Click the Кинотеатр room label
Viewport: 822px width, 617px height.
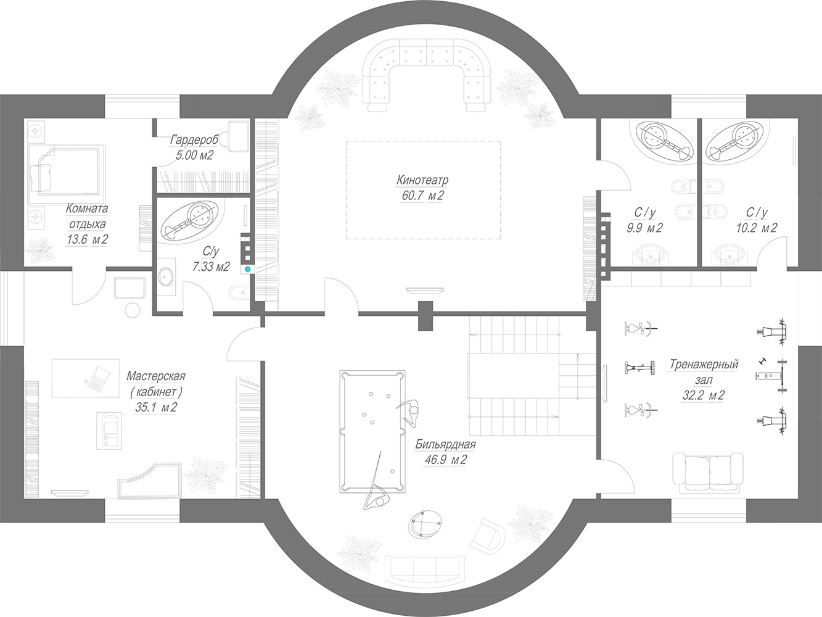tap(422, 180)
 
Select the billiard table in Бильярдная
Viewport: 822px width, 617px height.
tap(372, 431)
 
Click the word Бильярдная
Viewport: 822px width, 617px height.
tap(445, 445)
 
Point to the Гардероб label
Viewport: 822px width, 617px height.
tap(194, 139)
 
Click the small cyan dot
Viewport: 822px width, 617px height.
tap(247, 269)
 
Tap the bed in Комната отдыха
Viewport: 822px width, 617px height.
tap(67, 170)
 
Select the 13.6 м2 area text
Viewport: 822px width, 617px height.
tap(88, 239)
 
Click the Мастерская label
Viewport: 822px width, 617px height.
tap(156, 376)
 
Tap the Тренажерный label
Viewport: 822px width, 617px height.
tap(704, 364)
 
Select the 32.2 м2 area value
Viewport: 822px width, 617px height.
tap(703, 395)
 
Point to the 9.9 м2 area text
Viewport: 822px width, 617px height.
tap(644, 228)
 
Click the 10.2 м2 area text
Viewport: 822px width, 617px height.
tap(757, 228)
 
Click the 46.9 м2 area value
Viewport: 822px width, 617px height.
tap(446, 460)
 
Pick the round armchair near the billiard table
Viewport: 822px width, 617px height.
tap(425, 524)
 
